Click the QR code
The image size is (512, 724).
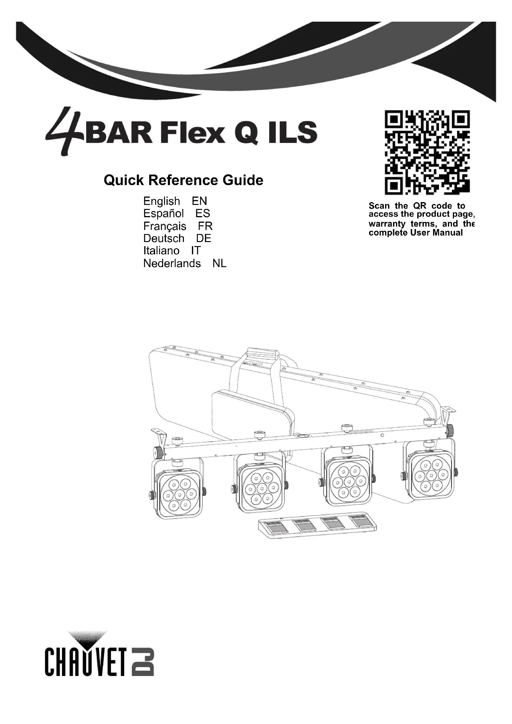click(427, 152)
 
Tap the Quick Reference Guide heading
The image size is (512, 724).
click(184, 180)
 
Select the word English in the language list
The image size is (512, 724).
click(161, 201)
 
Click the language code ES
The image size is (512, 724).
click(203, 214)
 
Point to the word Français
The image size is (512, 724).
click(165, 226)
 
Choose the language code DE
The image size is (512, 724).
click(204, 238)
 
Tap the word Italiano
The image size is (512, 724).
click(161, 251)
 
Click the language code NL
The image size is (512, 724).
click(219, 263)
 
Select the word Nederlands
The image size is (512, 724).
click(172, 263)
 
